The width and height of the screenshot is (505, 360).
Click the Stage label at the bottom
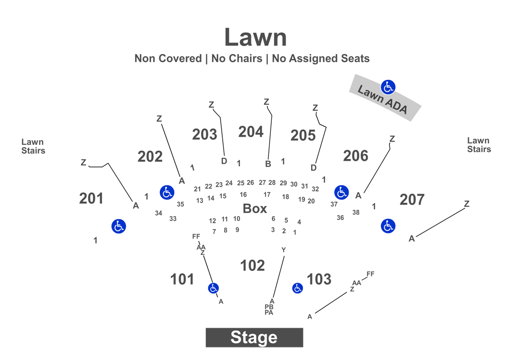pos(253,337)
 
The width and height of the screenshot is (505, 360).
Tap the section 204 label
pos(251,131)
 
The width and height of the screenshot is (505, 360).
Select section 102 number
pos(252,265)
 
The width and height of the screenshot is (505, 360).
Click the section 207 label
pos(412,199)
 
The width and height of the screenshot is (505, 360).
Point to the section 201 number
pos(91,198)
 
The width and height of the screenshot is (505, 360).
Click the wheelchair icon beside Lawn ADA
pos(388,87)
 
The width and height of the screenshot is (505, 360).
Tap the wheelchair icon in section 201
pos(118,226)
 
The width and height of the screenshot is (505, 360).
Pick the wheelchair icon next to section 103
pos(298,288)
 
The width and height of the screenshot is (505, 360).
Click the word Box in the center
pos(254,209)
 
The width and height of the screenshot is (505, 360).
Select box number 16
pos(243,195)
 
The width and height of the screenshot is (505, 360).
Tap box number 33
pos(173,219)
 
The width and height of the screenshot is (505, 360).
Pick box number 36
pos(340,218)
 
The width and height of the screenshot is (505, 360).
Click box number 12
pos(213,220)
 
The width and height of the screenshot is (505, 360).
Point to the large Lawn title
pos(255,37)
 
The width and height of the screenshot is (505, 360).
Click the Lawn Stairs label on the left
pos(33,146)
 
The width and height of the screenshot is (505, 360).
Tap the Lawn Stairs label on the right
pos(479,145)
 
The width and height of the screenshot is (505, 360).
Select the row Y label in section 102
pos(283,250)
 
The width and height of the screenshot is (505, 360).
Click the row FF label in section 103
pos(370,274)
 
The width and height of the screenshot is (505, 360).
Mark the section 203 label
pos(204,134)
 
